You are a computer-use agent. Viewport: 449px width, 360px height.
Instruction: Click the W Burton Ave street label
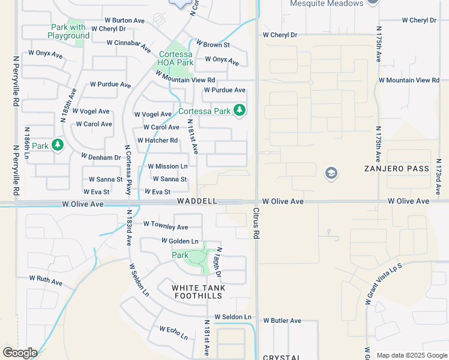click(124, 20)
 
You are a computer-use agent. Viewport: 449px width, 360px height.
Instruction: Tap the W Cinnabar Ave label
click(128, 44)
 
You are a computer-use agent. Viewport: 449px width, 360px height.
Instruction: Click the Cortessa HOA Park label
click(175, 58)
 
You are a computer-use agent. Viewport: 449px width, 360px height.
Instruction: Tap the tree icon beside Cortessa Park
click(240, 110)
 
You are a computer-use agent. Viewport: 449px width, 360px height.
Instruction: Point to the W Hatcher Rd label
click(157, 140)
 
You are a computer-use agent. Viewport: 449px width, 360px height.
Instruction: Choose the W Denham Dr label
click(101, 157)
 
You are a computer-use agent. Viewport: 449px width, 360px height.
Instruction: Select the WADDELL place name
click(196, 202)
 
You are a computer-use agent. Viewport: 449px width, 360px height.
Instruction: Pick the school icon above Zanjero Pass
click(330, 174)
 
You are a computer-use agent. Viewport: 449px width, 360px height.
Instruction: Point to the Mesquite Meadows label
click(327, 4)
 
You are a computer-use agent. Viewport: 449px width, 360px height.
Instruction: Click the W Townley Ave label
click(165, 227)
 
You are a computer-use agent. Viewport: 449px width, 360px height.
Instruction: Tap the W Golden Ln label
click(179, 241)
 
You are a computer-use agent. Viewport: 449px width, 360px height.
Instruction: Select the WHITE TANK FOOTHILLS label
click(199, 292)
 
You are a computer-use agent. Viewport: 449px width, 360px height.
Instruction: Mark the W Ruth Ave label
click(46, 281)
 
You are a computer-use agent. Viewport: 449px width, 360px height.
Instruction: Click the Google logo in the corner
click(20, 352)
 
